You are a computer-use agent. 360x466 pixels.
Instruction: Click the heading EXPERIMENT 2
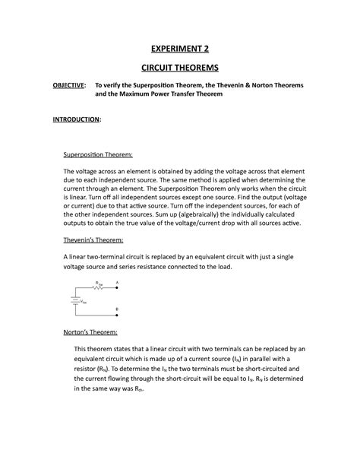pyautogui.click(x=180, y=50)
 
